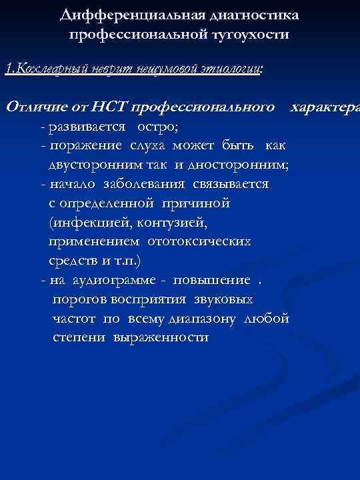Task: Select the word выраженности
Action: tap(161, 337)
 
